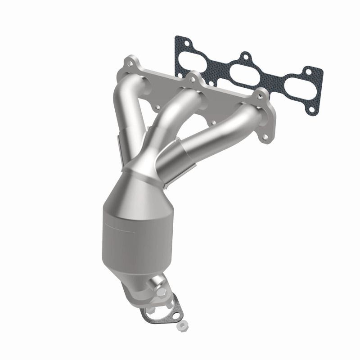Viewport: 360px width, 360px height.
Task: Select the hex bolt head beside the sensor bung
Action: [161, 292]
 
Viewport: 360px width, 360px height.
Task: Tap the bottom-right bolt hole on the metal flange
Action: [269, 134]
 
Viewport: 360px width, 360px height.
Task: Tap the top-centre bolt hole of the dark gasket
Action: [245, 57]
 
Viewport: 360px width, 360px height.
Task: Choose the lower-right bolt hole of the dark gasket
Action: [310, 108]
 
